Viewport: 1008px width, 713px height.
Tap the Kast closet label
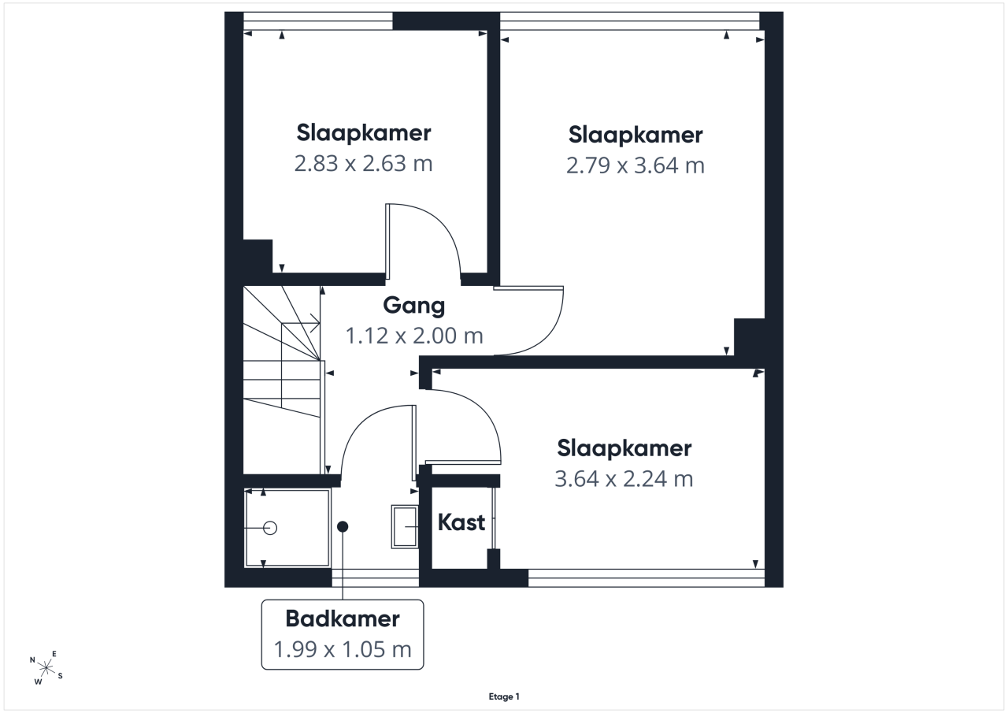461,522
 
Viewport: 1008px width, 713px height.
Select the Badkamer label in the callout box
343,618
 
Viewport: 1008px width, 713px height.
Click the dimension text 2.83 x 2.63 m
363,163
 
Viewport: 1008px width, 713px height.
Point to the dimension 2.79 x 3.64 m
635,165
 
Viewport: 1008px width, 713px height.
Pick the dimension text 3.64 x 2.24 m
624,478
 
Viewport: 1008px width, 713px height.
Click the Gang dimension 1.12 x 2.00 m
414,336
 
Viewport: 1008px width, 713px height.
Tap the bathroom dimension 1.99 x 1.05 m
343,649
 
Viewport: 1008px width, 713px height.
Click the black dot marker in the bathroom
343,526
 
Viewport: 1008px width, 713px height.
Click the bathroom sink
405,526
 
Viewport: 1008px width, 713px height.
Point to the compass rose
46,667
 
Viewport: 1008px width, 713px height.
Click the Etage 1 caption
504,696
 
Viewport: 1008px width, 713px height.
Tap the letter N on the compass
32,660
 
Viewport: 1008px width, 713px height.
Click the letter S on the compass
61,676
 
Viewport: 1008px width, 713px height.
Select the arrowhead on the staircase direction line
316,323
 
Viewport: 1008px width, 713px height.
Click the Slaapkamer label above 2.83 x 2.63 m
364,133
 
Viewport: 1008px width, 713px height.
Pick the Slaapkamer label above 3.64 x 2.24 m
624,449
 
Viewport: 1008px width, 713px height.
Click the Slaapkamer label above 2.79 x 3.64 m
636,135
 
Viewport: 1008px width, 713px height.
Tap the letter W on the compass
39,681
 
